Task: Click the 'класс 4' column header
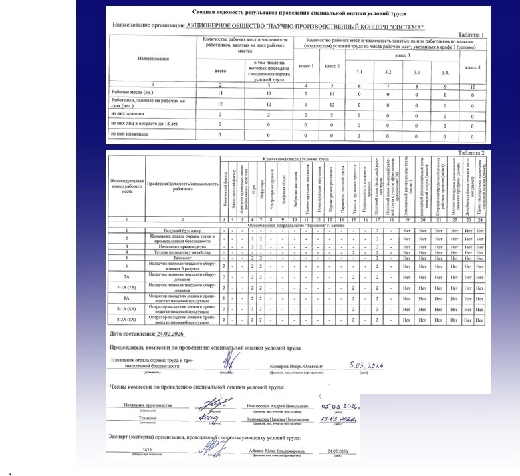473,67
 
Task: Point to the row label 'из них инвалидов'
130,134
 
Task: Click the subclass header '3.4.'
446,72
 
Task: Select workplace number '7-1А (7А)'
126,287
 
